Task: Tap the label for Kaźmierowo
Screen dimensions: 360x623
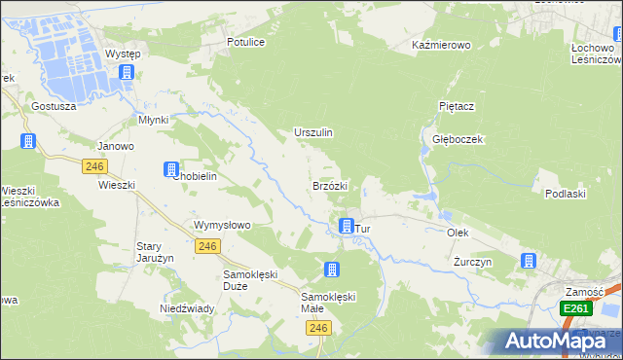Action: pos(441,46)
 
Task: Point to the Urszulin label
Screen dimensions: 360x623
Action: pos(313,132)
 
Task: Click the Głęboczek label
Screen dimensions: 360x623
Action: pos(458,139)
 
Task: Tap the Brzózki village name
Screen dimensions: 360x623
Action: pos(329,185)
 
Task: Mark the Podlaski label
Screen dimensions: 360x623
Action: pos(566,194)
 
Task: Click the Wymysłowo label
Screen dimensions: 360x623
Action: pos(223,225)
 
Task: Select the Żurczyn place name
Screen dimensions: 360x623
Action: pos(473,263)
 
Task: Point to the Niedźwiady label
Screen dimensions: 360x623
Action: pos(187,308)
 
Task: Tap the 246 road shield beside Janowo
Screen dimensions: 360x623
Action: pos(94,166)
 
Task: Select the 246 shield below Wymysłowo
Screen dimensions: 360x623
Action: pos(205,247)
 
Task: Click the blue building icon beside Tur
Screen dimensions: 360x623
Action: pos(346,226)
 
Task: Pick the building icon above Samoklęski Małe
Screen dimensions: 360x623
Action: pos(333,269)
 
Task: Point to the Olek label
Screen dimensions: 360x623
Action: pos(458,234)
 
